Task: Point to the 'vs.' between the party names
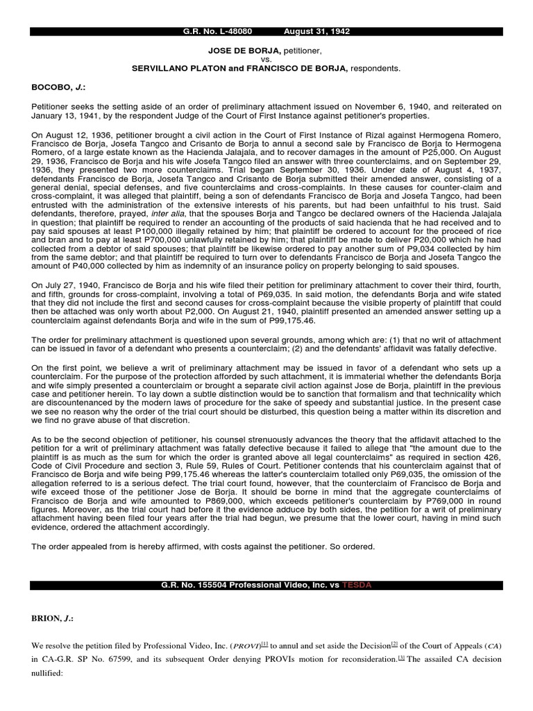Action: pyautogui.click(x=266, y=60)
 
